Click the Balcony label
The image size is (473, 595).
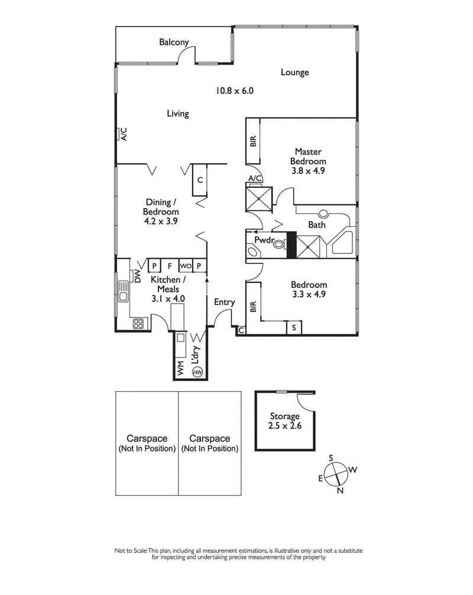tap(173, 42)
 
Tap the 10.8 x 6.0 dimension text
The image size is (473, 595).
tap(234, 91)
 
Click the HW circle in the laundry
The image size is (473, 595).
tap(197, 372)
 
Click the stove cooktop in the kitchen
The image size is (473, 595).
tap(138, 323)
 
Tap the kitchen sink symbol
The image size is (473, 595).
tap(124, 290)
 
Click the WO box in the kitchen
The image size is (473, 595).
tap(184, 266)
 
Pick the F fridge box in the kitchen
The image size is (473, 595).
tap(169, 266)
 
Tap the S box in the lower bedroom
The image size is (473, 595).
tap(294, 329)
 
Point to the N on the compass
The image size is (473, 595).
tap(340, 490)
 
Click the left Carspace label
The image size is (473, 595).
tap(147, 443)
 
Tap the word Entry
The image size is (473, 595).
tap(225, 302)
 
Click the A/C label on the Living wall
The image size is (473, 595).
tap(124, 135)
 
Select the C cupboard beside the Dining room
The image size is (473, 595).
tap(200, 180)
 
